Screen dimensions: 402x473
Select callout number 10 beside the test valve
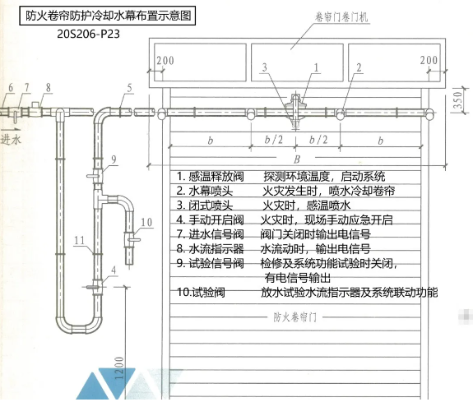pyautogui.click(x=146, y=222)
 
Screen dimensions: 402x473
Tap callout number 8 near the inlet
pyautogui.click(x=49, y=88)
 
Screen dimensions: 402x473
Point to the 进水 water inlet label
pyautogui.click(x=11, y=137)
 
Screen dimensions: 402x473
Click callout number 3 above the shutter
pyautogui.click(x=263, y=68)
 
